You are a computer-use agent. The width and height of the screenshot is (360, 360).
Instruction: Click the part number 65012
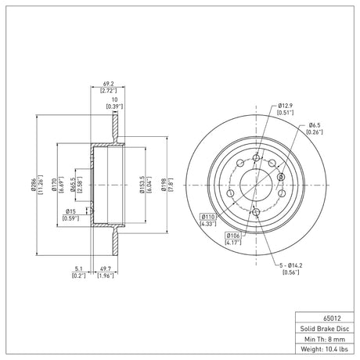[x=332, y=319]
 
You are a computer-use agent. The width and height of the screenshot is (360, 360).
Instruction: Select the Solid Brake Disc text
[x=325, y=329]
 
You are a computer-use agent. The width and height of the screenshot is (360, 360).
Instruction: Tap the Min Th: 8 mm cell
[x=325, y=339]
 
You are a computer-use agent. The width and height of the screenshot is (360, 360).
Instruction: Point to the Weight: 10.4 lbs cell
[x=325, y=349]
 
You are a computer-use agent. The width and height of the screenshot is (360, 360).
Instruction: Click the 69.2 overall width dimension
[x=109, y=84]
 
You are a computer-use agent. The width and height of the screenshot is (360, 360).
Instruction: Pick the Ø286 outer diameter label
[x=33, y=185]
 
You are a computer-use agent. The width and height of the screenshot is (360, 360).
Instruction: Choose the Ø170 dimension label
[x=54, y=185]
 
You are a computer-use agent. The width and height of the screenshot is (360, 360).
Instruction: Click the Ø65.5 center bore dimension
[x=73, y=185]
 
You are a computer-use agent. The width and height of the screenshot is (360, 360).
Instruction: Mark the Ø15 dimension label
[x=70, y=211]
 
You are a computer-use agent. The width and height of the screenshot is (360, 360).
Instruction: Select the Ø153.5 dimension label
[x=142, y=185]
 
